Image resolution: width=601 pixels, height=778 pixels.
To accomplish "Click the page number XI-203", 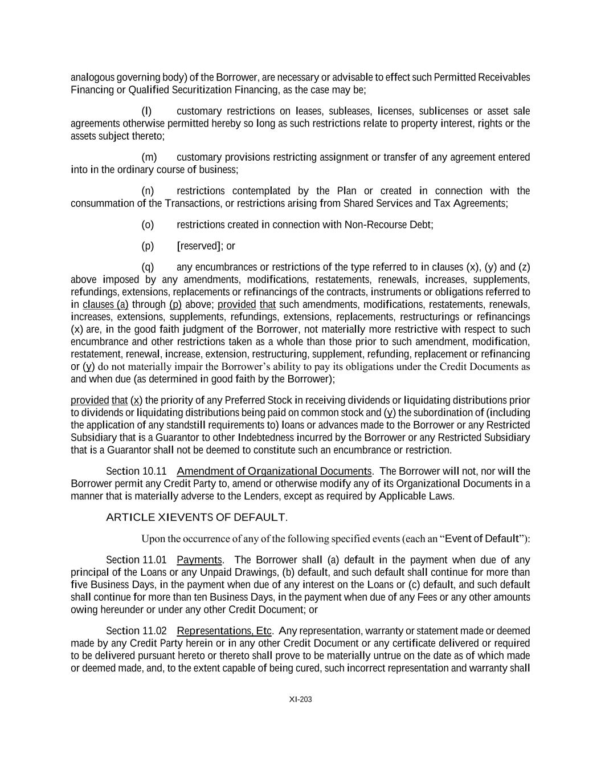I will [300, 699].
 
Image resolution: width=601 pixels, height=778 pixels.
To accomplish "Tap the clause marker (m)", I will [148, 157].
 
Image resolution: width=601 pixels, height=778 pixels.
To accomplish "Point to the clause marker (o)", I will [148, 225].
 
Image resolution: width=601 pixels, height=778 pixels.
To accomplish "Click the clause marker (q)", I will [148, 267].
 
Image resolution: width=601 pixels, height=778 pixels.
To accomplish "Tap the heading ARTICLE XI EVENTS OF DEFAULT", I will [196, 517].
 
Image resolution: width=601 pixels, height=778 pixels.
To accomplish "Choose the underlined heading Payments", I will [199, 559].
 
